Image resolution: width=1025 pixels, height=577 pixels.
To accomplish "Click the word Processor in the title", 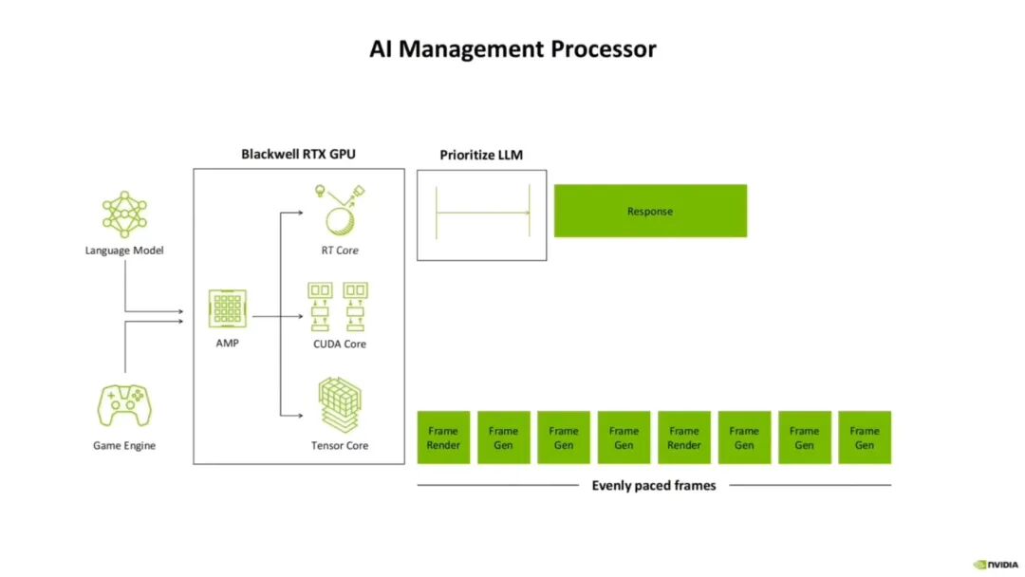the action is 603,49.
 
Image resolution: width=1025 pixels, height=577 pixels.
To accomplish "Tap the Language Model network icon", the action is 124,214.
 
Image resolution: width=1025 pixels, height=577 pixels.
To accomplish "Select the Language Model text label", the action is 124,251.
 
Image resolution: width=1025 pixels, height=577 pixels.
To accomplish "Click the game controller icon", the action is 124,405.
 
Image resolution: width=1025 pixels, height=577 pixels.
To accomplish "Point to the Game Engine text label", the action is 124,446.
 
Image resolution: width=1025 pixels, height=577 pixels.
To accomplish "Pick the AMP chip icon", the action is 228,308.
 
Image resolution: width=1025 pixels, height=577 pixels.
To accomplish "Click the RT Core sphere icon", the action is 340,211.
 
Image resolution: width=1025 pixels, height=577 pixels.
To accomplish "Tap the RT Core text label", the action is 340,251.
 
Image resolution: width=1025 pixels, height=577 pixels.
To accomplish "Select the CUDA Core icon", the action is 338,307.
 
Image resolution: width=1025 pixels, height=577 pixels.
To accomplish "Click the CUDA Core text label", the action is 339,344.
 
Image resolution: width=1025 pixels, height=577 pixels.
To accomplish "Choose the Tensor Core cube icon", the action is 340,404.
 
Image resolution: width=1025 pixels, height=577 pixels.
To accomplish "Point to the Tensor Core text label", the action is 340,446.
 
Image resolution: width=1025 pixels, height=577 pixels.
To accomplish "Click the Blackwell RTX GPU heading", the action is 298,155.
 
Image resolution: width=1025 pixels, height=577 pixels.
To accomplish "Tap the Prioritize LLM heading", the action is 481,155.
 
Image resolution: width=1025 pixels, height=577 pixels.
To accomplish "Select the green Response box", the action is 650,211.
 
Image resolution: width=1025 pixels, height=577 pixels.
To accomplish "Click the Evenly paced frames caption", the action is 654,486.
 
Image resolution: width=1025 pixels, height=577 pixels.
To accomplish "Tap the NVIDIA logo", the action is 996,565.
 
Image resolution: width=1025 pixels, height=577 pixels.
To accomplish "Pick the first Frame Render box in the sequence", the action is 443,437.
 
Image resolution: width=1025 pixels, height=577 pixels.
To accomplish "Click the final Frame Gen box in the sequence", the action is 865,437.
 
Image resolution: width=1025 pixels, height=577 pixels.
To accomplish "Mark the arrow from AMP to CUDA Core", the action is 278,316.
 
